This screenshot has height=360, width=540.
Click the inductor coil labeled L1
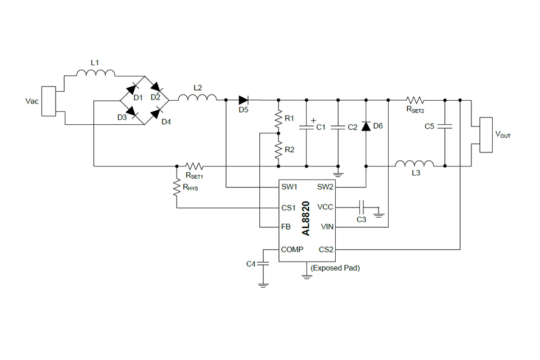point(96,73)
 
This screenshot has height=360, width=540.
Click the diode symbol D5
point(244,100)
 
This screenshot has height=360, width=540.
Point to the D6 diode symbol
point(366,127)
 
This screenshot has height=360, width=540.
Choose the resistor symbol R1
point(278,119)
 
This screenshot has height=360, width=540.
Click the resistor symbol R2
point(278,150)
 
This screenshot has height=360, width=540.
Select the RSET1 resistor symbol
point(195,166)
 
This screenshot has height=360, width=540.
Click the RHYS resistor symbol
point(177,188)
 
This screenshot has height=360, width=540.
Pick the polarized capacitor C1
point(307,127)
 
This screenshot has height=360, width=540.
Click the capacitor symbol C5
point(445,127)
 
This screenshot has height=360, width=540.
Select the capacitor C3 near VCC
point(362,207)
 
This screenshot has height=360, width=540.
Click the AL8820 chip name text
point(305,218)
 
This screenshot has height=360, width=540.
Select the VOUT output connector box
point(485,134)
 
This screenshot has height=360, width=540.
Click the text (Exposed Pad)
point(335,268)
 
